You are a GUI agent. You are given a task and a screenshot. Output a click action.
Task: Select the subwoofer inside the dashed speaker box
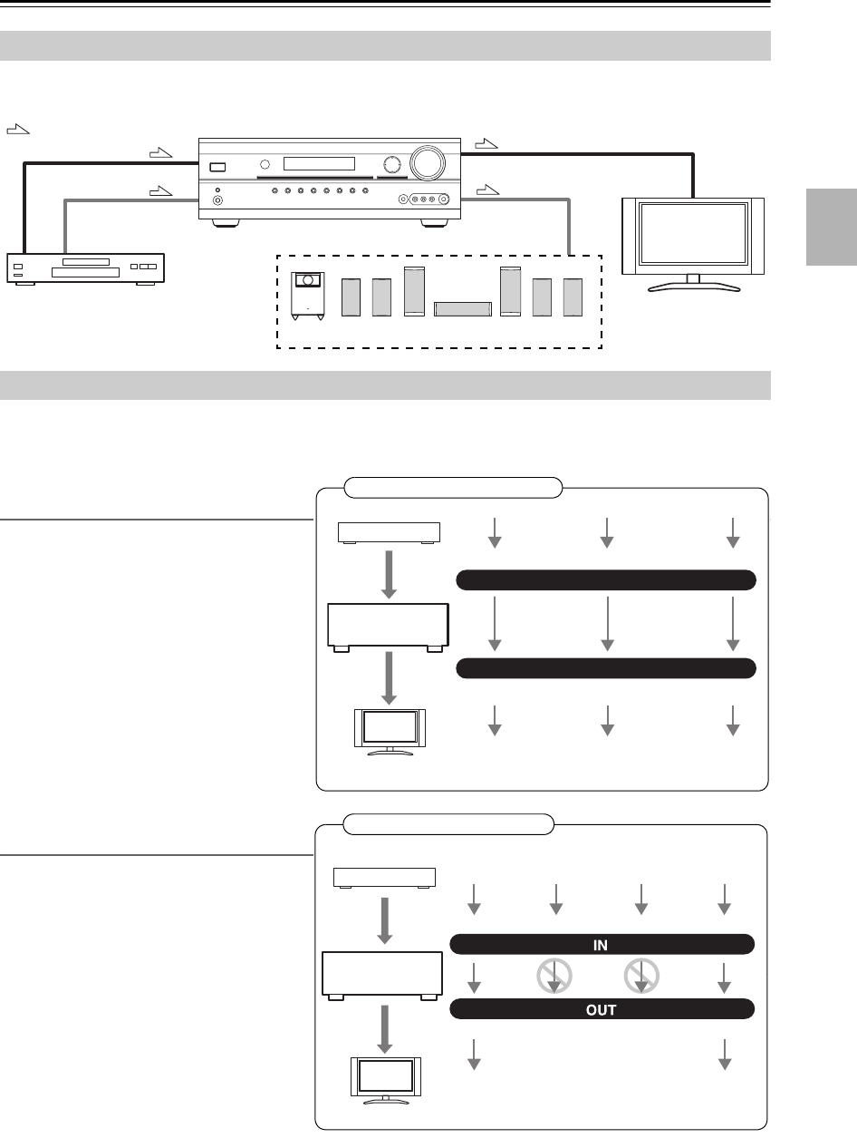tap(306, 297)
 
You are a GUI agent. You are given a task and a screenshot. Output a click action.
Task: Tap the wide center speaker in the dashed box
tap(463, 308)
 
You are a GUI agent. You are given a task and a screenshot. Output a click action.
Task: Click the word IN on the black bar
tap(601, 945)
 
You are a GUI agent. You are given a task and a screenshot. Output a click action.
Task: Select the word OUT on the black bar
tap(601, 1008)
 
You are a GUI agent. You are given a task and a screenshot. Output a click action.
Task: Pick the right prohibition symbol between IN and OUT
tap(640, 977)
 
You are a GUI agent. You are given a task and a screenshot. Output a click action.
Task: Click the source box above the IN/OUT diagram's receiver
tap(384, 878)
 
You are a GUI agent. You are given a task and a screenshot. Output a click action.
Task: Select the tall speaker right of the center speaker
tap(510, 292)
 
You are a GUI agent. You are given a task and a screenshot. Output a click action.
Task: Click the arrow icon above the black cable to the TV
tap(486, 142)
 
